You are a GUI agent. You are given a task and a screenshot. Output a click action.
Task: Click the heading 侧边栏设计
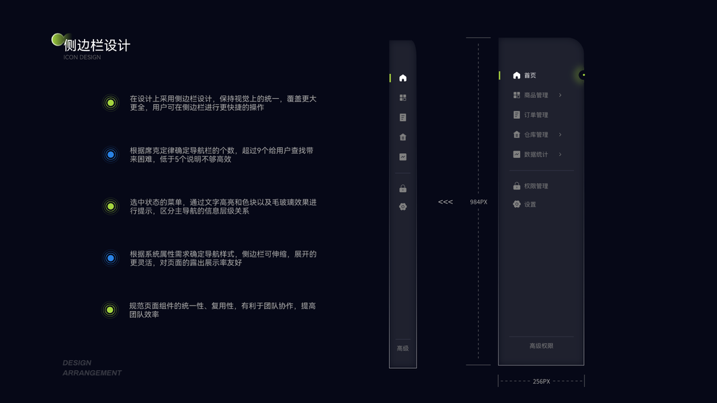click(x=97, y=46)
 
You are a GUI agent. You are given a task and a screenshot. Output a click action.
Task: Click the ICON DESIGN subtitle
click(x=82, y=58)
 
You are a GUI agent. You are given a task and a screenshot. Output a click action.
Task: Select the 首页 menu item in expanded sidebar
click(x=530, y=76)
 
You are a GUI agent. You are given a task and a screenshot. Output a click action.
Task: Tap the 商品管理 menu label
click(x=536, y=95)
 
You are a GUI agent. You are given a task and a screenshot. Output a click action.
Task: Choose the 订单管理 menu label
click(x=536, y=115)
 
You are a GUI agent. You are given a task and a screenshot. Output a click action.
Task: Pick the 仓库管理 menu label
click(x=536, y=135)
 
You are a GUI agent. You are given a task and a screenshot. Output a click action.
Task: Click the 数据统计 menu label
click(x=536, y=154)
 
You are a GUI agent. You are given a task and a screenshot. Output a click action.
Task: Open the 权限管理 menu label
click(x=536, y=186)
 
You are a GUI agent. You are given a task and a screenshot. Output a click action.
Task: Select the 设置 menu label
click(x=530, y=205)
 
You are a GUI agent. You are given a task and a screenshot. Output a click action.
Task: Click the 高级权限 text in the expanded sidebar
click(x=541, y=346)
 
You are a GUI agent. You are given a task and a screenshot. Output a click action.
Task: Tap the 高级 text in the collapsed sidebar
click(x=403, y=349)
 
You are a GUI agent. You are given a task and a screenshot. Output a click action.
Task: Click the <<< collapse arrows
click(x=446, y=202)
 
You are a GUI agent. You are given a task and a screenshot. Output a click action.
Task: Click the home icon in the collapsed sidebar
click(x=403, y=78)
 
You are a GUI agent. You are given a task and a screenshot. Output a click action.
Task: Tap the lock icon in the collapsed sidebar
click(x=403, y=189)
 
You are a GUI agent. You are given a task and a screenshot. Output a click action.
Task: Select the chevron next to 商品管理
click(x=560, y=95)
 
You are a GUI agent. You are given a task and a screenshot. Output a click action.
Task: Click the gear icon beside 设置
click(x=517, y=204)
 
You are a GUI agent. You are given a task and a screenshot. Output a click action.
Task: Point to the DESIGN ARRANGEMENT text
click(x=92, y=368)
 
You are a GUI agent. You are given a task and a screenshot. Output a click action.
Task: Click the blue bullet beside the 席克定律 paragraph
click(x=111, y=155)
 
